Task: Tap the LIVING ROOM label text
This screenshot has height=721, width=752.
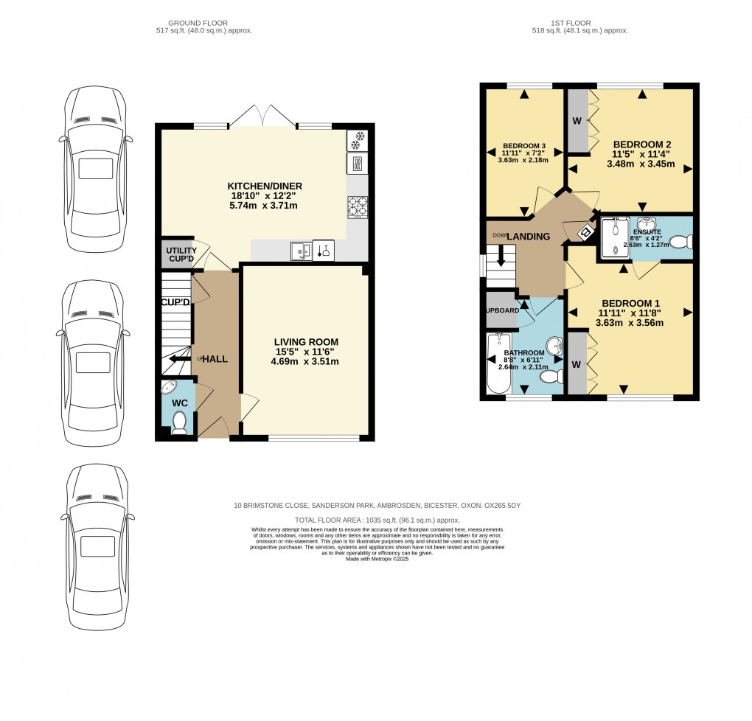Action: [306, 342]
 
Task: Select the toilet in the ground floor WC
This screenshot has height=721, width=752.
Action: [178, 422]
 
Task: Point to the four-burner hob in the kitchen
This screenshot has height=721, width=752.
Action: [357, 207]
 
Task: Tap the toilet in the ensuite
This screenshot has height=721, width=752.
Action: [682, 240]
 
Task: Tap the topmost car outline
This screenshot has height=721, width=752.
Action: [95, 168]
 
